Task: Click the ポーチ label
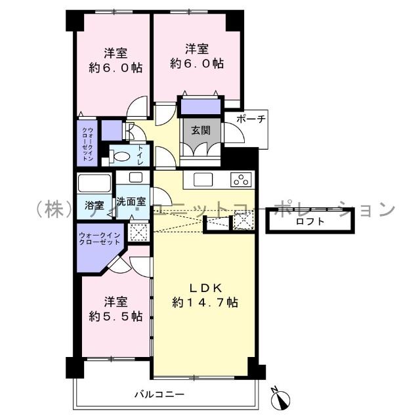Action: click(x=250, y=119)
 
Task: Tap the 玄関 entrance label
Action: click(x=201, y=130)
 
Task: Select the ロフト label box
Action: click(x=310, y=222)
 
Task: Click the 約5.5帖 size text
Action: click(x=115, y=316)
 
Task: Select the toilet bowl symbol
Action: click(x=120, y=156)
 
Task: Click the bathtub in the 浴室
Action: click(x=95, y=182)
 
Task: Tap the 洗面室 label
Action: click(x=131, y=202)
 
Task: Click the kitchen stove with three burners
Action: click(x=241, y=179)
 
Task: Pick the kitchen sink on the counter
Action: click(x=201, y=179)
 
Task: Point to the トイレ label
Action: click(x=140, y=156)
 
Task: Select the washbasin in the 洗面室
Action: click(x=135, y=177)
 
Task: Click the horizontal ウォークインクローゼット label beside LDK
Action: click(x=98, y=238)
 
